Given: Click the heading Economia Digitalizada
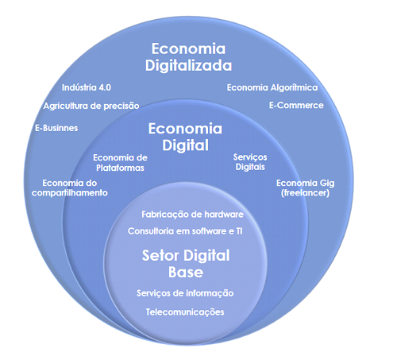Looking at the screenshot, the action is (x=188, y=57).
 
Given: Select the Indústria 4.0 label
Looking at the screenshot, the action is (x=87, y=87).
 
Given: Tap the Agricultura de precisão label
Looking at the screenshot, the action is (x=91, y=106).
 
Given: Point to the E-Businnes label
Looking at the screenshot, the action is (x=56, y=128).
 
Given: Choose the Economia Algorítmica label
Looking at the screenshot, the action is (x=272, y=87).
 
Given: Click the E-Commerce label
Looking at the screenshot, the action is (x=296, y=106).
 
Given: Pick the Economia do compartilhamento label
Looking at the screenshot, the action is (x=70, y=188).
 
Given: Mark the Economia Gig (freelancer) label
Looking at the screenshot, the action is (x=305, y=188).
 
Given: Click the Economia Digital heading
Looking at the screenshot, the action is (x=185, y=137).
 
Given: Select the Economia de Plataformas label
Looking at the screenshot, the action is (x=120, y=163).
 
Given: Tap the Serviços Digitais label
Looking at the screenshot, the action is (x=250, y=162).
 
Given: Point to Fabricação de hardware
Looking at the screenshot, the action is (x=192, y=215).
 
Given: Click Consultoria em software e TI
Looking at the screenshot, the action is (x=185, y=231).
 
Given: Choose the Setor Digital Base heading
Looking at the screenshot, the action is (x=186, y=264).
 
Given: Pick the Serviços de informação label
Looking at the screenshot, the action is (x=185, y=293).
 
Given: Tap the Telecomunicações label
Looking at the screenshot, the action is (x=185, y=312).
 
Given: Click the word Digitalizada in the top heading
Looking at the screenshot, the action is (x=188, y=65).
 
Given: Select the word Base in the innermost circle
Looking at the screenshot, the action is (x=186, y=272).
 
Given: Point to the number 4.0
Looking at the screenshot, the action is (x=105, y=87).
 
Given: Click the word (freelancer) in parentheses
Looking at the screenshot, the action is (x=305, y=193).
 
